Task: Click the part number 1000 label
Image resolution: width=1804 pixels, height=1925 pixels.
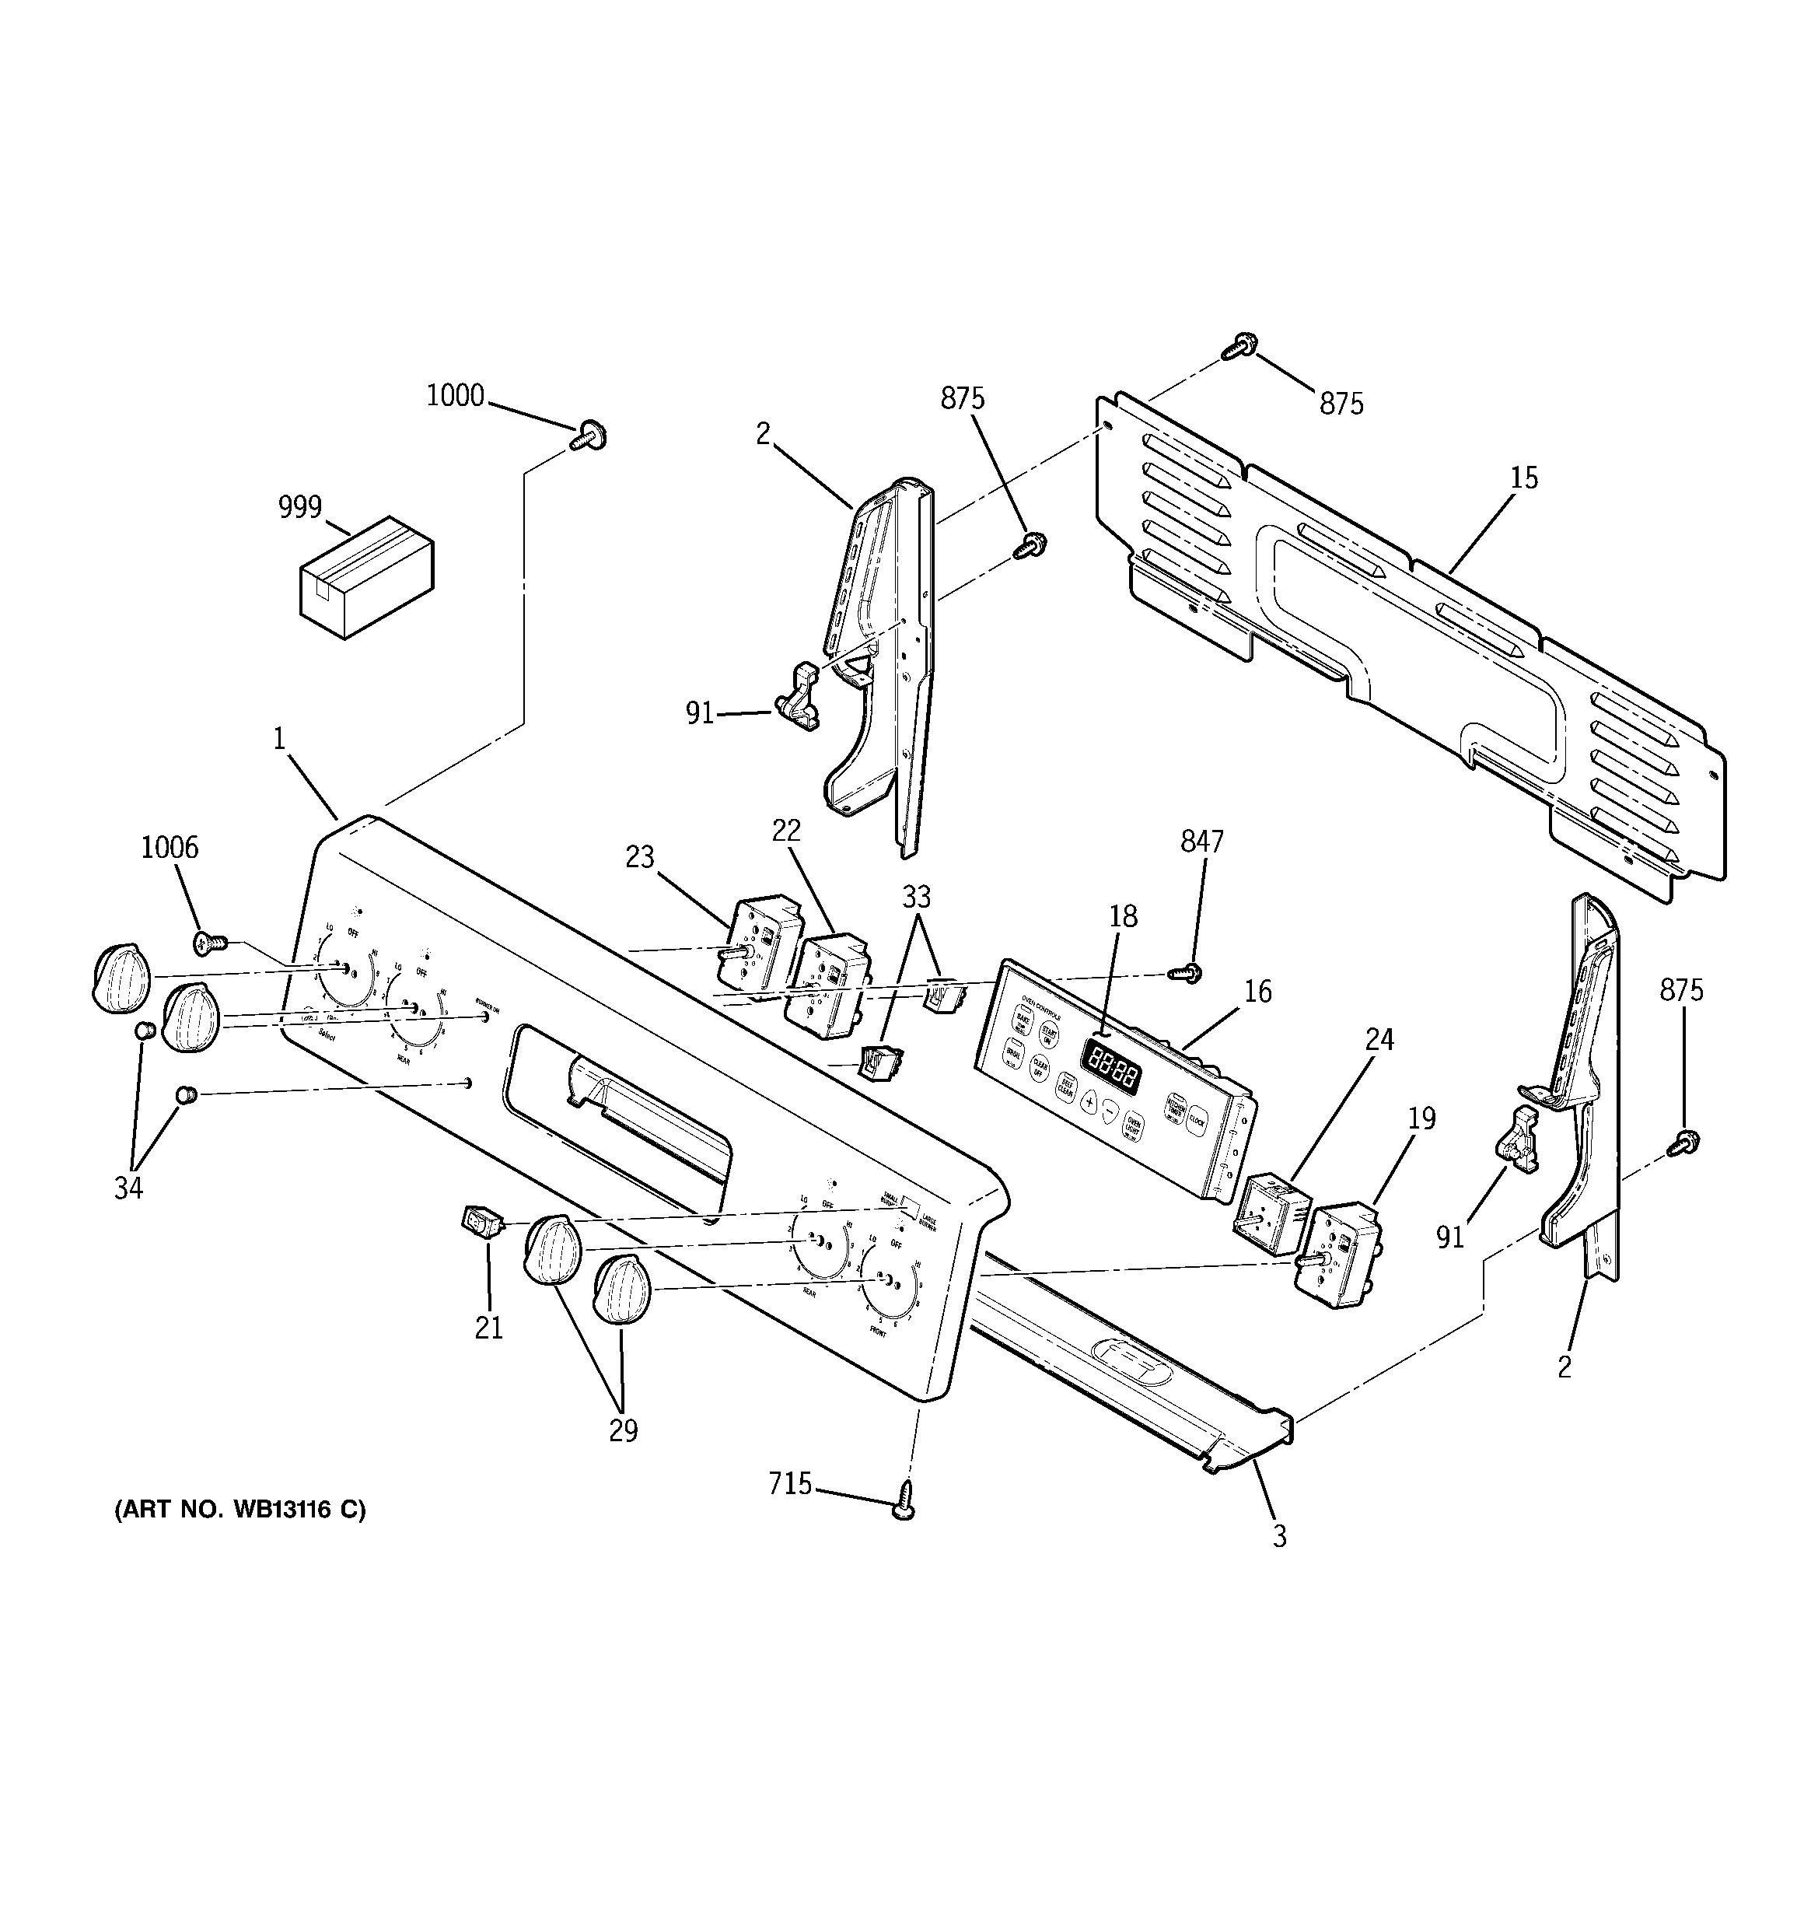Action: tap(455, 396)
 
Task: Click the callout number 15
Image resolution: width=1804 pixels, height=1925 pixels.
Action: tap(1524, 478)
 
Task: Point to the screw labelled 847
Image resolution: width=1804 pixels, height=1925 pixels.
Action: tap(1189, 971)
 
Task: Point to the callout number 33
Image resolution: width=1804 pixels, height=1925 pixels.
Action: tap(916, 898)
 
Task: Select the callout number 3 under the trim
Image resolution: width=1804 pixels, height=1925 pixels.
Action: tap(1279, 1537)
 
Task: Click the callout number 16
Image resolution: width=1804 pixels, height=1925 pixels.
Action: tap(1257, 992)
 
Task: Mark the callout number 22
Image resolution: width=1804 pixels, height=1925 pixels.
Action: tap(786, 830)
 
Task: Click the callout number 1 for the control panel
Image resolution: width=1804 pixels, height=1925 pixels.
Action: tap(279, 740)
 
